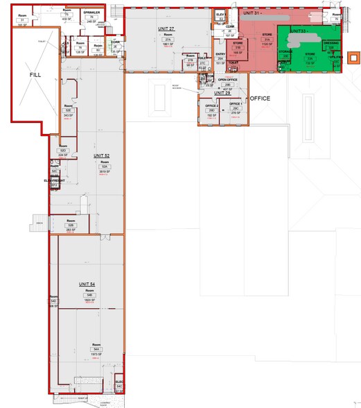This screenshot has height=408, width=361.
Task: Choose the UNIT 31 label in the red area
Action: coord(252,14)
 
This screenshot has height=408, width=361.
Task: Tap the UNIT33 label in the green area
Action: coord(298,31)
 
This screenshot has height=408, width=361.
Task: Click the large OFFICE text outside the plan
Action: coord(259,99)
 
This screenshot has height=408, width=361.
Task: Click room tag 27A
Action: coord(167,40)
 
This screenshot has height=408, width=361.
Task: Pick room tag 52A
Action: coord(106,167)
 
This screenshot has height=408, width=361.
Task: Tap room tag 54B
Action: coord(90,296)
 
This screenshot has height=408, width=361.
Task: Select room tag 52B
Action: coord(71,226)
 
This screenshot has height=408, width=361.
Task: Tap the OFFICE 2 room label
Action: coord(211,105)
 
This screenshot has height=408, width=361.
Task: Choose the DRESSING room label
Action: coord(331,43)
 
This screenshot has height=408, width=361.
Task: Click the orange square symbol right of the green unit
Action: coord(354,57)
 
